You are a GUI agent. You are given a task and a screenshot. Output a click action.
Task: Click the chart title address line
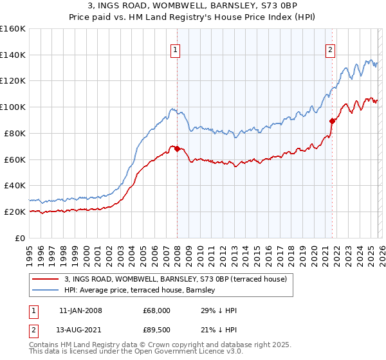pos(193,6)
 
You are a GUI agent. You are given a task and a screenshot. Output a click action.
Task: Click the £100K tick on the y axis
pos(13,107)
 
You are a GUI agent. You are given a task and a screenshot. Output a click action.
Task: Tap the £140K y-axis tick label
pos(13,55)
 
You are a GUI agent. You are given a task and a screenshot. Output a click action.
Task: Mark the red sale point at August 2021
pos(332,120)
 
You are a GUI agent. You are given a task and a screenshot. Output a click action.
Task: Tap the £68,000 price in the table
pos(157,310)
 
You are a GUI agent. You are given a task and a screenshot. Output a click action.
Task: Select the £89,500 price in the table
pos(157,330)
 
